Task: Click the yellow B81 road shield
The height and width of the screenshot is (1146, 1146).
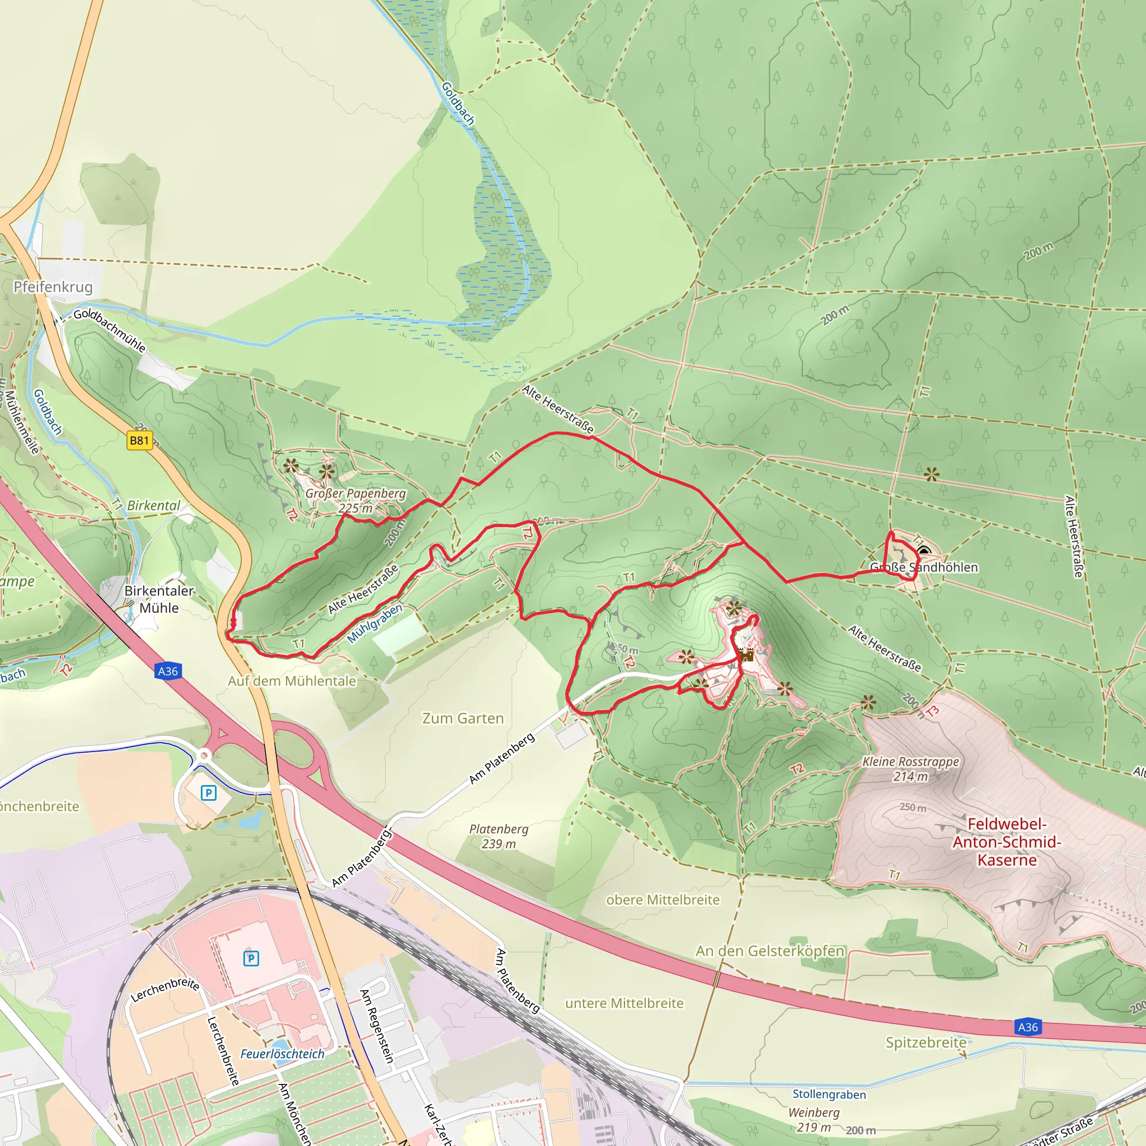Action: point(139,440)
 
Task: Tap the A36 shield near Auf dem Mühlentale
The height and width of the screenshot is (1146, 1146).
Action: point(168,671)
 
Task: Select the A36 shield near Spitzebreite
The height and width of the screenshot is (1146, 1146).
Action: point(1028,1027)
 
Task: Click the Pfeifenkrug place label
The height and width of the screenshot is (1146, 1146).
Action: point(53,287)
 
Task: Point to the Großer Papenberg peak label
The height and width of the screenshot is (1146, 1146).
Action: point(356,500)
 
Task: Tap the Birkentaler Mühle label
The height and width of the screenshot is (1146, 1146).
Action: point(159,599)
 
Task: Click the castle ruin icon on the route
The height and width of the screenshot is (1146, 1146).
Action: point(746,655)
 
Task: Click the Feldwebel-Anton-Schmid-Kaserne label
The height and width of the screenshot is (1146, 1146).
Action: point(1007,842)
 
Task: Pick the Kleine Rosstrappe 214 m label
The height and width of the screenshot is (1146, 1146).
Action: point(910,768)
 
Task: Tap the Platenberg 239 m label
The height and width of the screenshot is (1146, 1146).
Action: point(499,836)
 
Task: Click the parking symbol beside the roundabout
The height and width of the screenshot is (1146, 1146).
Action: point(209,792)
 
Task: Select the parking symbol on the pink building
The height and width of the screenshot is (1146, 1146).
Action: point(251,958)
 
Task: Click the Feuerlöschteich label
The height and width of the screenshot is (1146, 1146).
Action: point(283,1054)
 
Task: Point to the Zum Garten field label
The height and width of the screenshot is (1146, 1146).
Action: point(463,718)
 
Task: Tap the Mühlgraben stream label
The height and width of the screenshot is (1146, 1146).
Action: point(375,623)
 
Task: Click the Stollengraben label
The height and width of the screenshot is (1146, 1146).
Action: point(829,1094)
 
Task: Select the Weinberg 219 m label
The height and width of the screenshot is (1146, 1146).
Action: point(814,1119)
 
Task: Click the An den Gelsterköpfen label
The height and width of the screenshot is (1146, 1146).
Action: point(770,950)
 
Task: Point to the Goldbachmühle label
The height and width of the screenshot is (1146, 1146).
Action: point(110,330)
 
